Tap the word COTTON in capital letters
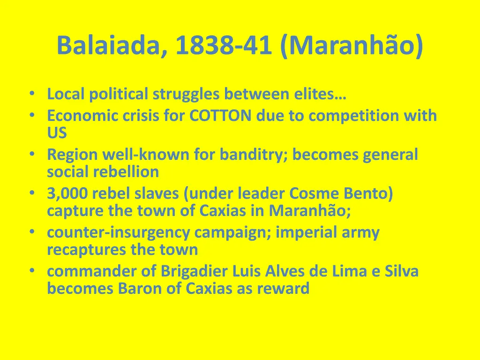tap(221, 115)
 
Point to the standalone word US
tap(57, 133)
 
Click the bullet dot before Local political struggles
tap(31, 94)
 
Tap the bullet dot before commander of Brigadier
tap(31, 270)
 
